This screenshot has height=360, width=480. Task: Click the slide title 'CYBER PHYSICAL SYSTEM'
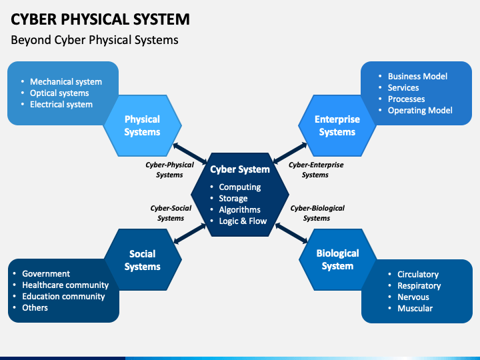click(x=100, y=19)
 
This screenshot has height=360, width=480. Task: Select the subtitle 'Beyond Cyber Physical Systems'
click(x=95, y=40)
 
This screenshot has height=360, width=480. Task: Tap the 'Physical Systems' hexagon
click(x=142, y=125)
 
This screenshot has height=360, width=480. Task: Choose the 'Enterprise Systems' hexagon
click(x=337, y=125)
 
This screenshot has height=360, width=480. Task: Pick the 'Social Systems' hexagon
click(x=142, y=260)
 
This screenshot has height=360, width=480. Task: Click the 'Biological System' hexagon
click(x=337, y=259)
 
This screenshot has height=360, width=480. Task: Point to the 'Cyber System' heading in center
click(x=240, y=169)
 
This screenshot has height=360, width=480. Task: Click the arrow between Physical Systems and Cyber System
click(x=188, y=153)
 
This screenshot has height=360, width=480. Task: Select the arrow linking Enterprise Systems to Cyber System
click(x=291, y=153)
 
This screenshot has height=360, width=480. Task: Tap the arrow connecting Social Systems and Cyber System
click(x=189, y=233)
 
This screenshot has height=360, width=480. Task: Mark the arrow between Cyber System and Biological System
click(x=291, y=233)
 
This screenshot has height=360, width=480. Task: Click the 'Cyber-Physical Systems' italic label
click(x=169, y=169)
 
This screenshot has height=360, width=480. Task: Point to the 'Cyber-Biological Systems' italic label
click(x=317, y=213)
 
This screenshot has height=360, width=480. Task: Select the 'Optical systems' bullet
click(x=59, y=93)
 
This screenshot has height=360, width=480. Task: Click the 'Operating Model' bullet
click(x=420, y=111)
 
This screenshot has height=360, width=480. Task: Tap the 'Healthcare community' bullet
click(x=65, y=285)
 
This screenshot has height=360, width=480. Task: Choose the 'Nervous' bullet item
click(x=413, y=297)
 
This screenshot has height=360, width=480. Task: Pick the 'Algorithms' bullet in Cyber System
click(x=239, y=210)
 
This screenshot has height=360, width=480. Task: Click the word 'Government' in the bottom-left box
click(x=46, y=274)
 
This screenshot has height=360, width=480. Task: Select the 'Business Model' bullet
click(x=417, y=77)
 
